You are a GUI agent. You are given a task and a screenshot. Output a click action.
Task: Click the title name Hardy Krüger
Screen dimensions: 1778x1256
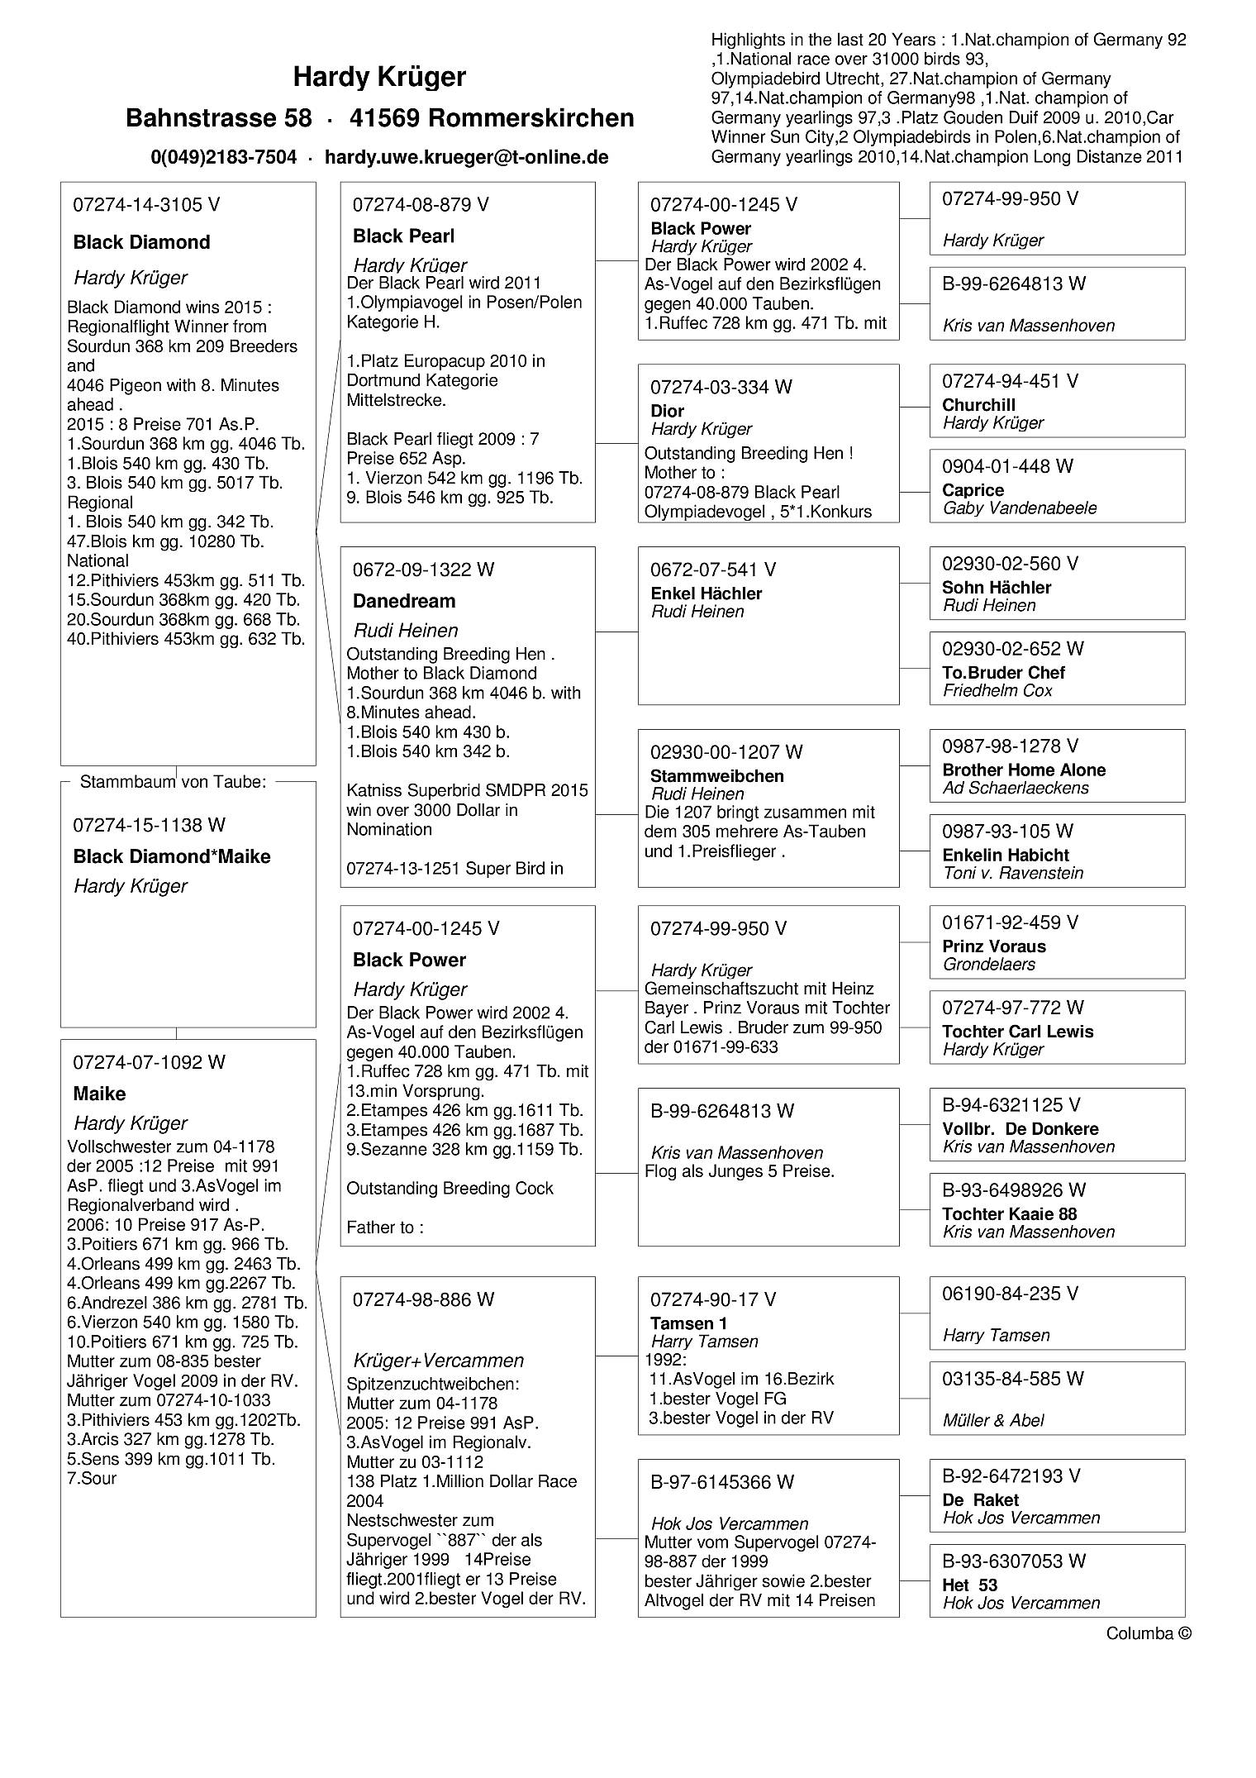[x=379, y=77]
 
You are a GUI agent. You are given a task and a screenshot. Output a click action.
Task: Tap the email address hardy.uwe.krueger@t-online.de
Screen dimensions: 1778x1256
[x=466, y=157]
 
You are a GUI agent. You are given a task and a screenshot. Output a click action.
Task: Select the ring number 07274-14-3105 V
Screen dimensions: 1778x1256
[x=147, y=205]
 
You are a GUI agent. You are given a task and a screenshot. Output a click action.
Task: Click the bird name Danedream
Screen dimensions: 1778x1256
[x=404, y=601]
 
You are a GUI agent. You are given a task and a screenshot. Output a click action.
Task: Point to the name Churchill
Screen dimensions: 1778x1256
[x=978, y=405]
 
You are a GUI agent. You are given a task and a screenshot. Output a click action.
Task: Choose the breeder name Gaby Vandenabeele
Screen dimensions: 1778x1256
[x=1020, y=508]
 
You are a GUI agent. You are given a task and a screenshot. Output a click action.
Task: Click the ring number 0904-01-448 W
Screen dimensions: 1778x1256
[x=1007, y=466]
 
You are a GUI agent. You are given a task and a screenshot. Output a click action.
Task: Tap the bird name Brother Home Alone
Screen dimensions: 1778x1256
[x=1024, y=770]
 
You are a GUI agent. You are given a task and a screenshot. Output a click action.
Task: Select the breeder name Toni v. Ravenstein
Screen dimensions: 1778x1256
[x=1013, y=873]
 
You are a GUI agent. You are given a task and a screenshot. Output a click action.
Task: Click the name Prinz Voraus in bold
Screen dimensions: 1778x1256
[x=994, y=946]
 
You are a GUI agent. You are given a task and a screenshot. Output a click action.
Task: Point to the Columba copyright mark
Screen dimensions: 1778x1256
[x=1149, y=1633]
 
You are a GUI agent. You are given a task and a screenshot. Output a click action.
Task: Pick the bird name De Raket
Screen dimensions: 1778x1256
[x=980, y=1499]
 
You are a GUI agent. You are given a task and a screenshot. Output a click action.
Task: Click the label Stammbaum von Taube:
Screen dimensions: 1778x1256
[x=173, y=782]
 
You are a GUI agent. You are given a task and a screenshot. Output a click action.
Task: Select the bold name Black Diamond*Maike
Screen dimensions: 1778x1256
[x=172, y=856]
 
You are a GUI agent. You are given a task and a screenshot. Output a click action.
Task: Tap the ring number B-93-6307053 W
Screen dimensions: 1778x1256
[x=1014, y=1561]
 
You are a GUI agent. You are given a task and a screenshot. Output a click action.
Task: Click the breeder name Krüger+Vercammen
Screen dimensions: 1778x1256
[x=439, y=1361]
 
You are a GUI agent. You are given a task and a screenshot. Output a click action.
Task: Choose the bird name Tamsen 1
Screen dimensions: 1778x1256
[x=683, y=1323]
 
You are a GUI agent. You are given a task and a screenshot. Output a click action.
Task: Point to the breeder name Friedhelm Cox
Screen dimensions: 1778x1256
[x=997, y=690]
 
